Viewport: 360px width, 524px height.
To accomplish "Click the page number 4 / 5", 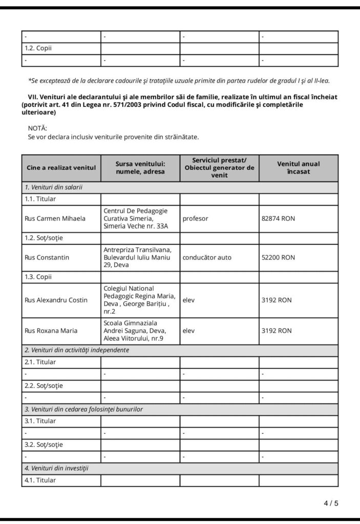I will [x=331, y=503].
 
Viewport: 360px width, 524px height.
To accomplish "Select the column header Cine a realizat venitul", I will [x=61, y=168].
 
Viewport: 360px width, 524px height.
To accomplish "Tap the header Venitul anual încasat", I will [x=298, y=167].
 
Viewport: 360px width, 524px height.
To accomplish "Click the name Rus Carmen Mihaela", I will [x=55, y=219].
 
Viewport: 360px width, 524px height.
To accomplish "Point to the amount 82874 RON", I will [x=278, y=219].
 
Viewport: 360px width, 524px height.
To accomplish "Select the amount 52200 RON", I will [x=278, y=257].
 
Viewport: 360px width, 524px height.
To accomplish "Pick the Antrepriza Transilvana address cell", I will [x=140, y=257].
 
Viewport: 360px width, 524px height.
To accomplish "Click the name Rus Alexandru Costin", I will [x=56, y=300].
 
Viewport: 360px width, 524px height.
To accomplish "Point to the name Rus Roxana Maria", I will [x=51, y=331].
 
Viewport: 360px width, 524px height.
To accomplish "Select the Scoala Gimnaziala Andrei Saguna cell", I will [x=140, y=331].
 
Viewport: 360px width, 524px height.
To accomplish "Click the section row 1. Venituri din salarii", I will [x=54, y=187].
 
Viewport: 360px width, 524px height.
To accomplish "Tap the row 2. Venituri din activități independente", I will [x=77, y=350].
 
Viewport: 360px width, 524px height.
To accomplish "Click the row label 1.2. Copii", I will [x=38, y=49].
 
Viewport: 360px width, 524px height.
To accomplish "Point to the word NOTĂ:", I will [x=37, y=128].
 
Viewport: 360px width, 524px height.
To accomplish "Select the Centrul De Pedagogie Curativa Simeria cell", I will [x=140, y=219].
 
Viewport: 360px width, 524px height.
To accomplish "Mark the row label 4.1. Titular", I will [x=40, y=481].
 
